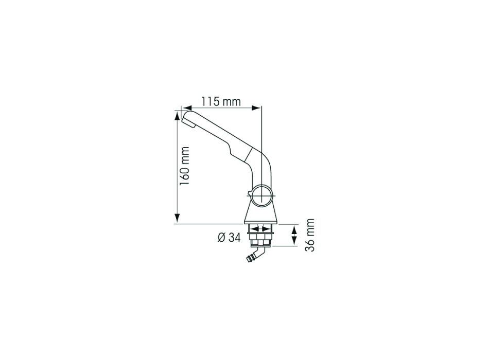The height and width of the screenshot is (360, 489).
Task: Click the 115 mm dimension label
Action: (x=221, y=101)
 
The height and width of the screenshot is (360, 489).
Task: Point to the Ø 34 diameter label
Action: (x=229, y=238)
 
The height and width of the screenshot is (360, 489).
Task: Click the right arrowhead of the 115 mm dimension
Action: (x=256, y=108)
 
